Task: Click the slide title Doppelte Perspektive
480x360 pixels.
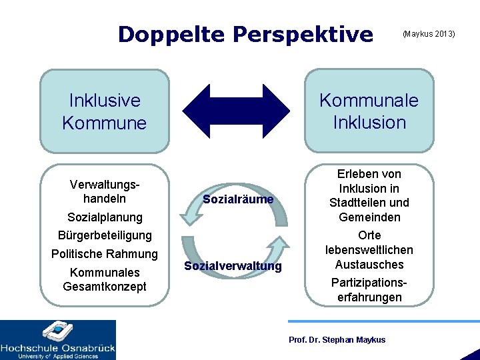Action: pyautogui.click(x=245, y=34)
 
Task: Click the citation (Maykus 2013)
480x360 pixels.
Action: pyautogui.click(x=428, y=33)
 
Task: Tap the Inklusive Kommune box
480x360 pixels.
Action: pyautogui.click(x=105, y=111)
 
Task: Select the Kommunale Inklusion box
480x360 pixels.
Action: pyautogui.click(x=369, y=111)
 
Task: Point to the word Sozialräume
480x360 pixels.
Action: pyautogui.click(x=238, y=199)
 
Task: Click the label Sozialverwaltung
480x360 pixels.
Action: pyautogui.click(x=233, y=267)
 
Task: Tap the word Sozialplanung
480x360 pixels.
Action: pyautogui.click(x=105, y=217)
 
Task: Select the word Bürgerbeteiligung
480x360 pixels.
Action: pyautogui.click(x=105, y=235)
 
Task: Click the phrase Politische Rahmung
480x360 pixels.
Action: pyautogui.click(x=105, y=254)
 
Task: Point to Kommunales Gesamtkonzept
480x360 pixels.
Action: pyautogui.click(x=105, y=279)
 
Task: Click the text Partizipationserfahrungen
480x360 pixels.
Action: pyautogui.click(x=369, y=289)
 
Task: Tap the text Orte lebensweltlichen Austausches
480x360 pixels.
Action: pyautogui.click(x=369, y=250)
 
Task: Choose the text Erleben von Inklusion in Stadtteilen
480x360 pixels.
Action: pyautogui.click(x=369, y=195)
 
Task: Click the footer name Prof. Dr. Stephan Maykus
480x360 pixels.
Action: pyautogui.click(x=337, y=340)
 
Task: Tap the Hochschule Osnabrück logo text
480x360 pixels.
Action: pyautogui.click(x=58, y=347)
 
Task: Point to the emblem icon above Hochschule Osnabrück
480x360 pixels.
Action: pyautogui.click(x=58, y=331)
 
